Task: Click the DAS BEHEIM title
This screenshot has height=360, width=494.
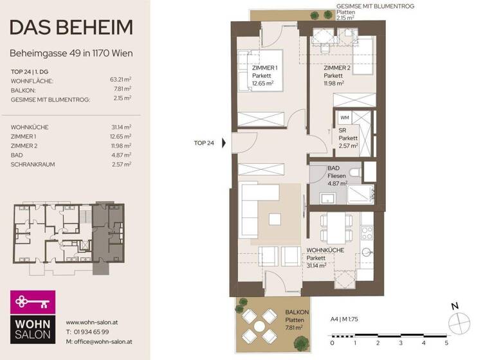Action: pos(71,28)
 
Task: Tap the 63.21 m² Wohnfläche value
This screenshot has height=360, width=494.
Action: pos(120,80)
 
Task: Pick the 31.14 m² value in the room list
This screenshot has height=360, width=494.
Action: pos(120,127)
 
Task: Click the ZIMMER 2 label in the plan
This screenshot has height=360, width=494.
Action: pos(336,68)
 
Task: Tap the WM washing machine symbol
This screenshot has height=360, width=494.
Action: pos(344,118)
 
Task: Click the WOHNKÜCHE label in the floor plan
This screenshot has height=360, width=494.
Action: pos(325,250)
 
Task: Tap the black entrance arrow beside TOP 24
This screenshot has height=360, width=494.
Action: pos(224,143)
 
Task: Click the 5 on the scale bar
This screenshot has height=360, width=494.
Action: pos(446,343)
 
